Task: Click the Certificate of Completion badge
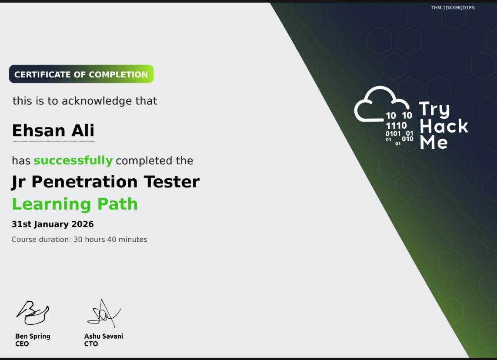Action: click(81, 74)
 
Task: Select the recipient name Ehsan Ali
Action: click(53, 130)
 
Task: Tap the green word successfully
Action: click(73, 160)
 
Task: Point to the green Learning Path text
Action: click(75, 204)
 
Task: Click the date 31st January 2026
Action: click(53, 224)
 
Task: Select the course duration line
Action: click(80, 240)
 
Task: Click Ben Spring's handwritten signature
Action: click(33, 312)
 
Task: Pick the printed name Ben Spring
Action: click(33, 336)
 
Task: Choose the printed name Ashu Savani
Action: click(103, 336)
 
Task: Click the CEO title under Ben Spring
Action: click(22, 344)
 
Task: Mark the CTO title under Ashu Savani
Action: click(91, 344)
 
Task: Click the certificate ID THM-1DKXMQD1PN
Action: click(453, 8)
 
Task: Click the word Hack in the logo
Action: click(444, 127)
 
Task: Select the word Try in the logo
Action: click(434, 110)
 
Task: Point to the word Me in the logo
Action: click(434, 143)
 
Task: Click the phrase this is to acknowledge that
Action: click(85, 101)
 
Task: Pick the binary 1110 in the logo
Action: click(396, 126)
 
